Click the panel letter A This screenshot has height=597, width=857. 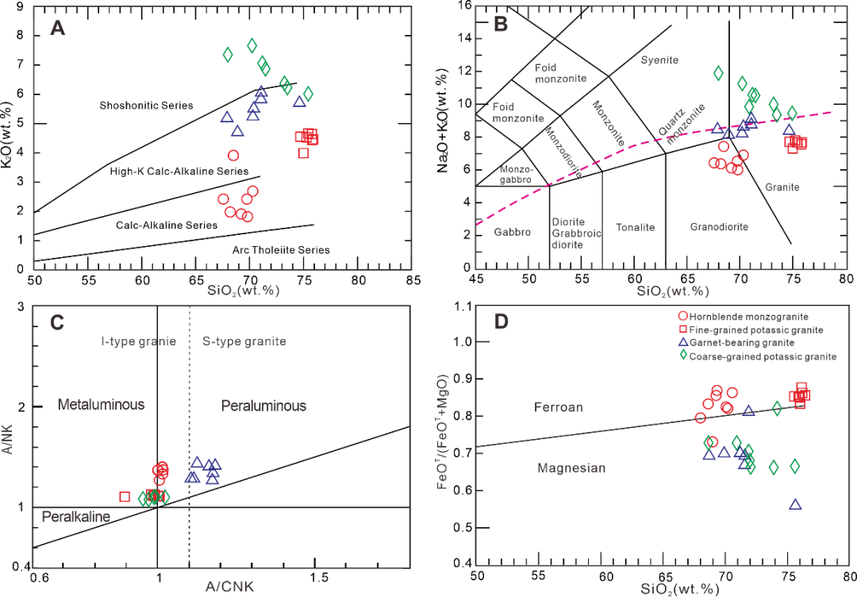click(57, 29)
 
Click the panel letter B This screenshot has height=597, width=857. click(501, 25)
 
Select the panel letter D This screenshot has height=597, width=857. click(501, 322)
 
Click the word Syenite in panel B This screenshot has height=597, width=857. click(660, 60)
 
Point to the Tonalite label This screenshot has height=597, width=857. click(635, 227)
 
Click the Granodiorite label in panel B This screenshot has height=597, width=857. click(719, 227)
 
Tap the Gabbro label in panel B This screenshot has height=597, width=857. click(512, 232)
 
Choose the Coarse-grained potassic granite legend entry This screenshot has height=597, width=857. click(757, 356)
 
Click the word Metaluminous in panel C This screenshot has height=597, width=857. click(101, 405)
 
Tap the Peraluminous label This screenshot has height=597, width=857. click(263, 406)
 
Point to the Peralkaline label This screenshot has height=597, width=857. click(75, 517)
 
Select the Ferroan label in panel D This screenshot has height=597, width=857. click(559, 407)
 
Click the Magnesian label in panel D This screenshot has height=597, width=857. click(571, 468)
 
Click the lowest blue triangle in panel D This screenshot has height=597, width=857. click(796, 503)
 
